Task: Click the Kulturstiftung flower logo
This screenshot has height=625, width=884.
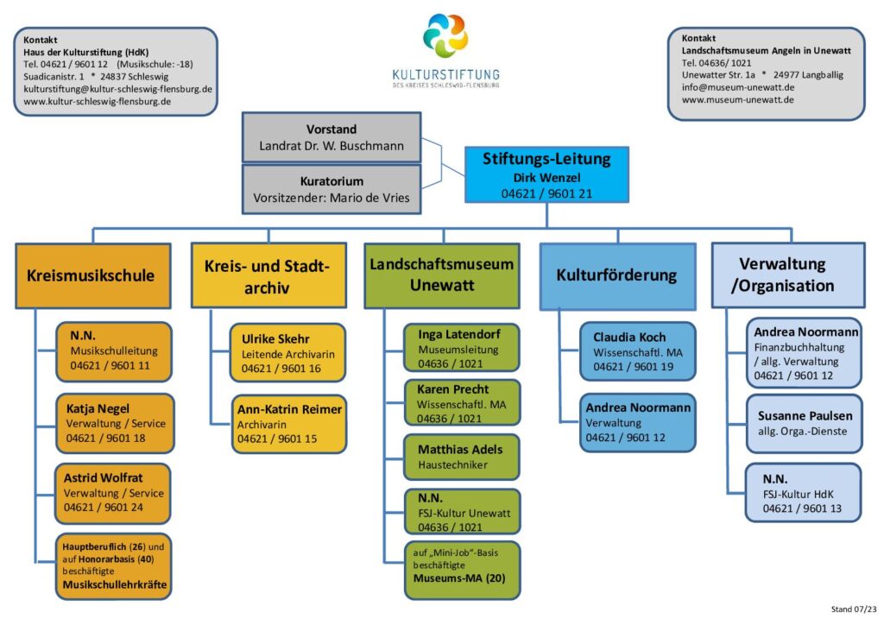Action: tap(445, 35)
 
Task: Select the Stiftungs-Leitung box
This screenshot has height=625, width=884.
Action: tap(546, 174)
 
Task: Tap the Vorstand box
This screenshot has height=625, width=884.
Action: tap(331, 137)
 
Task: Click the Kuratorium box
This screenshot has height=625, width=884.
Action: tap(331, 189)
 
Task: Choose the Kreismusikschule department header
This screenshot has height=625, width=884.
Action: tap(93, 275)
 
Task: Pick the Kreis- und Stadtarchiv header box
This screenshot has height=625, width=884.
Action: tap(268, 275)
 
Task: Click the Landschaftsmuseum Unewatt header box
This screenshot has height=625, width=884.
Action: tap(442, 275)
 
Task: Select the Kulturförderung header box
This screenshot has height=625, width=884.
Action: tap(618, 276)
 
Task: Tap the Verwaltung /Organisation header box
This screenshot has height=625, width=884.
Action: tap(788, 275)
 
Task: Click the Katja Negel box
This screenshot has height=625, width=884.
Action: tap(115, 423)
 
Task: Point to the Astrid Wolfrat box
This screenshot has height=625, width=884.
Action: tap(113, 493)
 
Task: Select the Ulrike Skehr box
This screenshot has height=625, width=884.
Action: tap(287, 353)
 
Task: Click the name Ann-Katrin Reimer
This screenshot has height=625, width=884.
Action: tap(289, 410)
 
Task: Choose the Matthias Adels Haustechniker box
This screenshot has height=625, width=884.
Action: tap(462, 457)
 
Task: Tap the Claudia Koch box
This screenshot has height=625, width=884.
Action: tap(638, 351)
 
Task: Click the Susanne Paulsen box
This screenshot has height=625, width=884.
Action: tap(805, 424)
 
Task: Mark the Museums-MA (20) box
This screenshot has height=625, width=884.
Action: tap(463, 570)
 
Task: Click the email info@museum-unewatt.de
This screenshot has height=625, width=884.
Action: tap(738, 87)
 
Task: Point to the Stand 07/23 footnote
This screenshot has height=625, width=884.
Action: tap(854, 609)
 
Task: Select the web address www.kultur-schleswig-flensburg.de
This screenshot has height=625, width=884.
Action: tap(97, 102)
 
